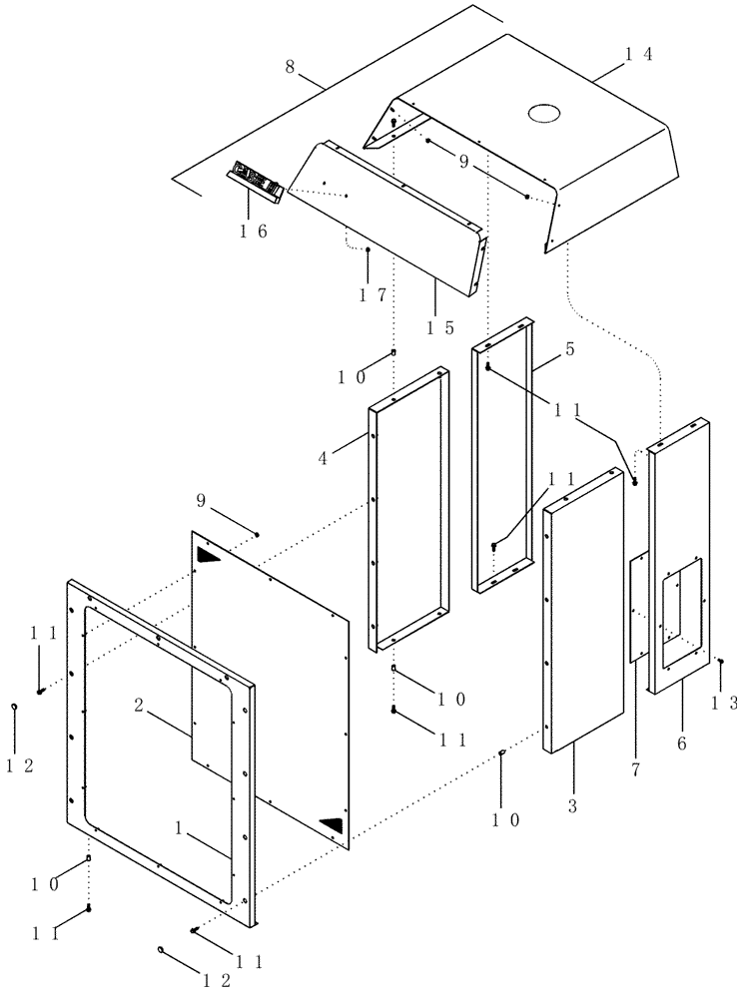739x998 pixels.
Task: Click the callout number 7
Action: pyautogui.click(x=635, y=770)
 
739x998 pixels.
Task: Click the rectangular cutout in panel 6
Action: pyautogui.click(x=678, y=602)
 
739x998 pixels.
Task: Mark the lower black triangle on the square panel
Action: pyautogui.click(x=331, y=824)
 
